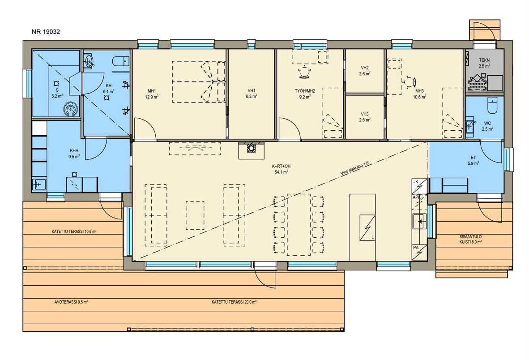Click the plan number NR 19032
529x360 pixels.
point(46,32)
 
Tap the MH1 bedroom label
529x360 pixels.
point(151,91)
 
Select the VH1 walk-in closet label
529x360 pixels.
point(252,90)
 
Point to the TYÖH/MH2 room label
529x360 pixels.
point(305,91)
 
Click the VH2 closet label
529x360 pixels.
point(364,68)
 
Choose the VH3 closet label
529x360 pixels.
point(364,114)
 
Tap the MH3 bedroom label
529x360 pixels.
point(419,91)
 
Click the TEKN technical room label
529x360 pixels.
point(484,60)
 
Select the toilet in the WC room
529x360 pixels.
point(493,105)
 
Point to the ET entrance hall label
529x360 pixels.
point(474,158)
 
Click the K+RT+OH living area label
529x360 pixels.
point(281,166)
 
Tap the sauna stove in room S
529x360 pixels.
point(71,109)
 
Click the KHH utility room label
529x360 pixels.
point(74,150)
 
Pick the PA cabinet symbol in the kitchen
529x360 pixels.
point(419,252)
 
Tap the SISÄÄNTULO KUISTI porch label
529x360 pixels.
point(470,239)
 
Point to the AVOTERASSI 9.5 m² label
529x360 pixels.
point(71,302)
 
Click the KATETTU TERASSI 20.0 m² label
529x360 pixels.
point(234,302)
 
